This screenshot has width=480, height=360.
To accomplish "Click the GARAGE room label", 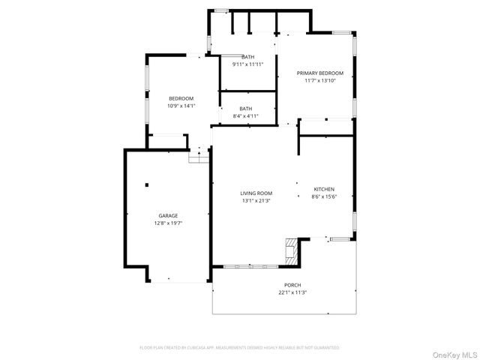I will point(167,216).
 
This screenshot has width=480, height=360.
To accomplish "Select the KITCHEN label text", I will point(324,189).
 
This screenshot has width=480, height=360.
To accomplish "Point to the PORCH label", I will point(292,285).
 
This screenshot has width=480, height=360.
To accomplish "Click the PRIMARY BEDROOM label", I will point(320,73).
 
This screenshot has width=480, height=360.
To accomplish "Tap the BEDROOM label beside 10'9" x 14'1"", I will point(181,99).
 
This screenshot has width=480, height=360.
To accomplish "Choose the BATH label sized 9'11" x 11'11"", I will point(248,57).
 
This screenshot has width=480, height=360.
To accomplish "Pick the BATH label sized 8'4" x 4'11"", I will point(246,109).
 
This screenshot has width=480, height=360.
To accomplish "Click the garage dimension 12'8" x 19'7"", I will point(167,223).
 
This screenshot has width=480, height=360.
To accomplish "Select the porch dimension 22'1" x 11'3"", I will point(292,292).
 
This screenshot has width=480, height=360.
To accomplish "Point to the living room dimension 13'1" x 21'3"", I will point(256,200).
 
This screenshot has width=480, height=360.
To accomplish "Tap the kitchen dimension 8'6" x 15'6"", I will point(324,196).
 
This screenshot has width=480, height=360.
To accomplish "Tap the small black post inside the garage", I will point(148,184).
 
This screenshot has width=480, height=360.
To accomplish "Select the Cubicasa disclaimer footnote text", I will point(240,348).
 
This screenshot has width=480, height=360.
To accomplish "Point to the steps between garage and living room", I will point(198,157).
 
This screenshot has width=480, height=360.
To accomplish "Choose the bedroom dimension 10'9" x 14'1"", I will point(181,106).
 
